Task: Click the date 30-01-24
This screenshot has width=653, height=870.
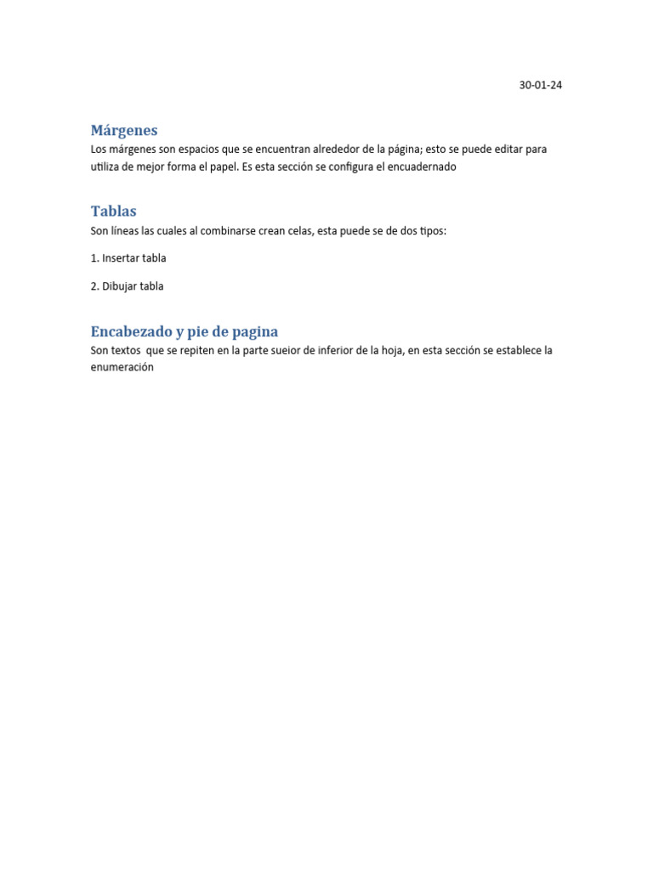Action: [x=540, y=85]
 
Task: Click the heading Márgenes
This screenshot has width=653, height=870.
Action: [x=124, y=131]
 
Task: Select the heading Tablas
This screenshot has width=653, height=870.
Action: [x=113, y=211]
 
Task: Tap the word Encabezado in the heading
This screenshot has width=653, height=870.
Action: [x=130, y=331]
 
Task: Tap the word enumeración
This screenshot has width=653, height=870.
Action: [x=122, y=368]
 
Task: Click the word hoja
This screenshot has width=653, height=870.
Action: [x=390, y=350]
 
